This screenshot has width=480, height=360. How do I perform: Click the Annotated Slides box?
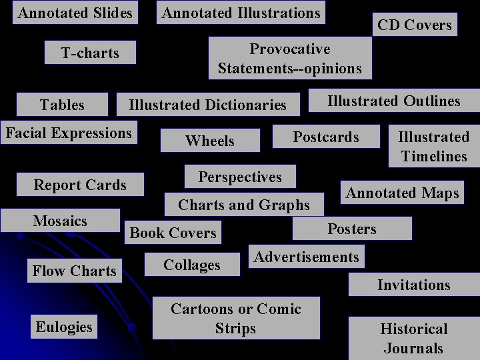click(75, 13)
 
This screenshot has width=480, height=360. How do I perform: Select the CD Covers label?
click(414, 25)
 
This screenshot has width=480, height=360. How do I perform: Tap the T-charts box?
click(90, 53)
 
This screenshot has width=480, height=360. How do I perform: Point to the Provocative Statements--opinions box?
click(289, 58)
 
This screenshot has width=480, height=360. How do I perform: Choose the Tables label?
click(62, 105)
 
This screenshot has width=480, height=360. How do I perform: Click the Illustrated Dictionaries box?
click(207, 105)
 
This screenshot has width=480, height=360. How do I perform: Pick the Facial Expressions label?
click(69, 133)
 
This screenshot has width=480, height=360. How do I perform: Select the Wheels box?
click(210, 141)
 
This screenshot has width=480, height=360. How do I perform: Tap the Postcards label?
click(326, 137)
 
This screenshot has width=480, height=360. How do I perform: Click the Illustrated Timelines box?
click(433, 147)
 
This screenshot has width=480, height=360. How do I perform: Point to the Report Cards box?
click(80, 185)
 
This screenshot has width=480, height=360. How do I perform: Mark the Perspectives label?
click(240, 177)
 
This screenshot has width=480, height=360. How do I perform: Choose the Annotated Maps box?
click(403, 193)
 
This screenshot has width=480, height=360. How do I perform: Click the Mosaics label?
click(60, 221)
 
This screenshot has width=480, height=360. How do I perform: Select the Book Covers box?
click(173, 233)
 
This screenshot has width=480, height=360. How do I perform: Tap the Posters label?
click(352, 229)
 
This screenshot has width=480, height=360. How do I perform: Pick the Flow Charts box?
click(75, 271)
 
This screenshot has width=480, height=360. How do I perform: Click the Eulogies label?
click(64, 327)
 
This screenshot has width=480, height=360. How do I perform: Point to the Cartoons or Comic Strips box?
click(236, 318)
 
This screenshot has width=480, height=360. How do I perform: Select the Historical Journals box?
click(413, 338)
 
